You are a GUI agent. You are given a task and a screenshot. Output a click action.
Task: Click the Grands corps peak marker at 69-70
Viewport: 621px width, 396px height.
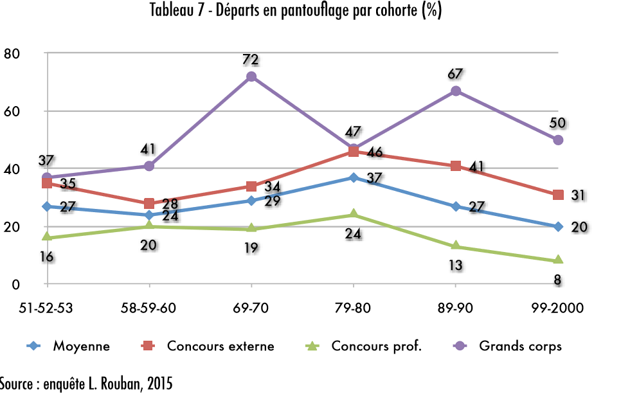[251, 76]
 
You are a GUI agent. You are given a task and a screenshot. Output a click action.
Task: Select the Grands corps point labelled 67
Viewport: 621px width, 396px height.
[456, 91]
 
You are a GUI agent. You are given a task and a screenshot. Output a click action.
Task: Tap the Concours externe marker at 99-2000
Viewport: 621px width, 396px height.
[558, 195]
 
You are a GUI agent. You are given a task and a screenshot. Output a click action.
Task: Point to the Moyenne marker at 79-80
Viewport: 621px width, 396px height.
[354, 177]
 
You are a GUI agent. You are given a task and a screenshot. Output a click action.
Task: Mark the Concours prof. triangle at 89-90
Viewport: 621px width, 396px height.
[456, 246]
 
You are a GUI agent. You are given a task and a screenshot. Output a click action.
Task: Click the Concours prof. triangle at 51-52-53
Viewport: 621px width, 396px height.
[47, 237]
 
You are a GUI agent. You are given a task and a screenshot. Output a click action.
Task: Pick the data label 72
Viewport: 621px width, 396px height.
[251, 60]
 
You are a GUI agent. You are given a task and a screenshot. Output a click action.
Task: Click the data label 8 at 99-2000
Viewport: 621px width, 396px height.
[558, 279]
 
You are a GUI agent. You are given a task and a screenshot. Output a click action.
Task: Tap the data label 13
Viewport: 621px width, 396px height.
[455, 265]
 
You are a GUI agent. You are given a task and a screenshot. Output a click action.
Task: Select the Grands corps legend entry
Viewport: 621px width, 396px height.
[520, 346]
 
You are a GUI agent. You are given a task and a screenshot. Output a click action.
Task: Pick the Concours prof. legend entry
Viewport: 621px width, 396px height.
[376, 346]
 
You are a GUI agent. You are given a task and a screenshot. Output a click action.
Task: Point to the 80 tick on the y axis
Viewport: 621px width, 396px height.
[12, 54]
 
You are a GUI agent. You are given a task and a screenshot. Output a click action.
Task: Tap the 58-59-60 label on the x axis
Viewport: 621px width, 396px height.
[149, 307]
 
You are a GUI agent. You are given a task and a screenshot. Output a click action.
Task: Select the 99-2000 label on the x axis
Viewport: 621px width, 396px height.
[558, 307]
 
